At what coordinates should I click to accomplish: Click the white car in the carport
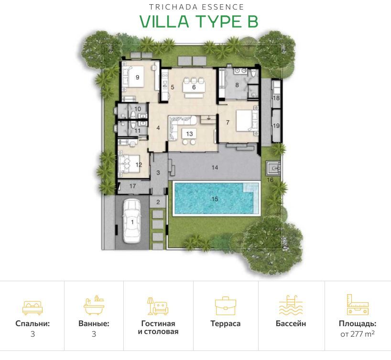click(132, 221)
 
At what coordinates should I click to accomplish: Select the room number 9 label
click(137, 77)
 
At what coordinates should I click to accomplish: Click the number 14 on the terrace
click(215, 168)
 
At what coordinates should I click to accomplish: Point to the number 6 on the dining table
click(194, 87)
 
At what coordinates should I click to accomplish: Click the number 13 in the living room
click(189, 134)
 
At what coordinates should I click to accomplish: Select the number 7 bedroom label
click(228, 123)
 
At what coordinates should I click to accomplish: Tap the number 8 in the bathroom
click(237, 86)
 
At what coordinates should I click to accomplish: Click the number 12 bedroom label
click(139, 165)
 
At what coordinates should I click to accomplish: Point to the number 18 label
click(276, 98)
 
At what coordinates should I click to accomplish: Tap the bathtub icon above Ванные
click(94, 306)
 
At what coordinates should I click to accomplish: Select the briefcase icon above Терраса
click(225, 306)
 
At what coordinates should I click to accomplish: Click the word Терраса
click(225, 324)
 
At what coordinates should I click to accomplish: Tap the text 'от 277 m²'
click(357, 334)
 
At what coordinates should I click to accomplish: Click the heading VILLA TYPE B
click(198, 21)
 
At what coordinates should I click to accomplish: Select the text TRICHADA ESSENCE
click(196, 7)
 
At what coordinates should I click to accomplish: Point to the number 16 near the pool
click(270, 180)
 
